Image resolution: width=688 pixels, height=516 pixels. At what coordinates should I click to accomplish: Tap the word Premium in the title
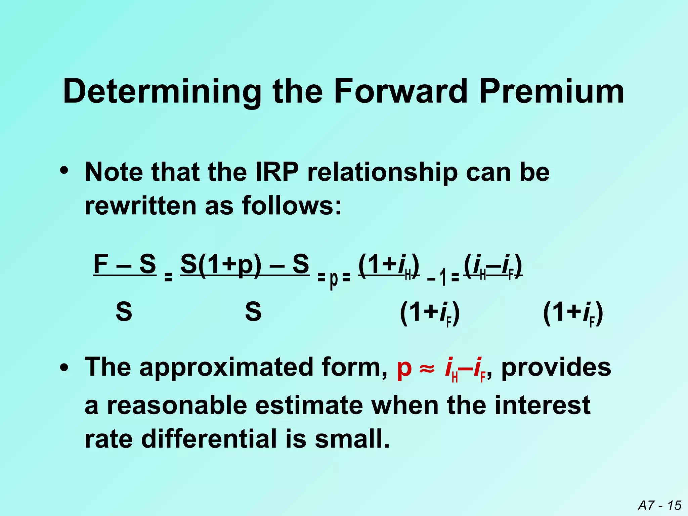click(551, 91)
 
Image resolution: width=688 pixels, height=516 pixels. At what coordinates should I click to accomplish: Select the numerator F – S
click(125, 264)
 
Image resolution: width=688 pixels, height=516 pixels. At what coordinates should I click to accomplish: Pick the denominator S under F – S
click(124, 312)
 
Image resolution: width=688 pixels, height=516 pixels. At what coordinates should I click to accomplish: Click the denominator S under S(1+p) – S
click(253, 312)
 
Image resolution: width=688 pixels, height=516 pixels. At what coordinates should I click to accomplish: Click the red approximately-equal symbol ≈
click(427, 368)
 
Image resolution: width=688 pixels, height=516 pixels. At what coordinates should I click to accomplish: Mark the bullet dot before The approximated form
click(64, 368)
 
